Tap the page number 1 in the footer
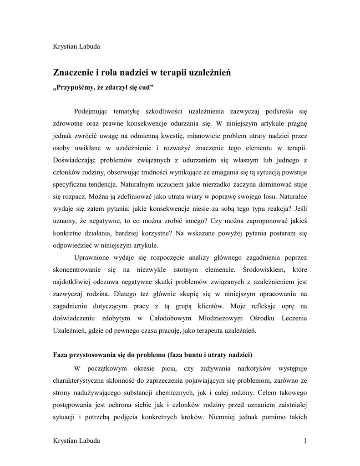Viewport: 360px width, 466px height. click(305, 441)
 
